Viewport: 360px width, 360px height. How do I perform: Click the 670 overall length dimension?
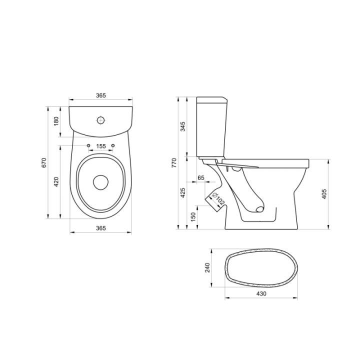coord(44,162)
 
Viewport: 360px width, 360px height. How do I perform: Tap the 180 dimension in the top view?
coord(56,121)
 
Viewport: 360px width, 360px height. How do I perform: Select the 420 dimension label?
coord(56,182)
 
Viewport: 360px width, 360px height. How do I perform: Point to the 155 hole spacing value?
coord(101,146)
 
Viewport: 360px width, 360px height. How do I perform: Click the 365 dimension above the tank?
coord(101,95)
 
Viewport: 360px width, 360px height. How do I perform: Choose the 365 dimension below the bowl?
coord(101,228)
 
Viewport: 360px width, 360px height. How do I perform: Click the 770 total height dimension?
coord(174,162)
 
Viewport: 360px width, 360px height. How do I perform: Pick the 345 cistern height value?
coord(183,126)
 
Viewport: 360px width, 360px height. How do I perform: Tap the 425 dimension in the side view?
coord(183,192)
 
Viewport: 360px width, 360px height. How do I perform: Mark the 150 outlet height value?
coord(193,217)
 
